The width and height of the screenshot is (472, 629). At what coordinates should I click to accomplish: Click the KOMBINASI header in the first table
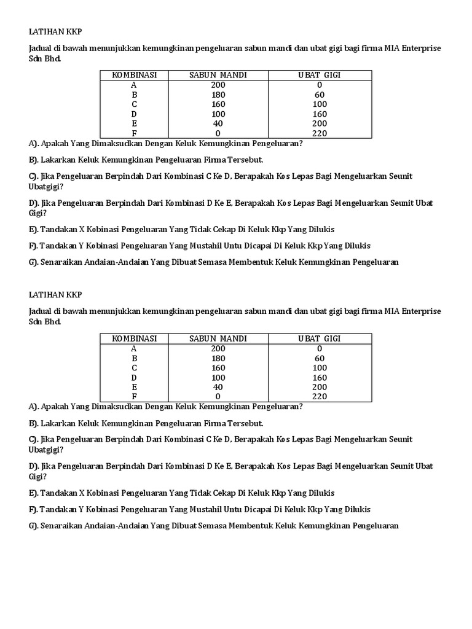point(134,75)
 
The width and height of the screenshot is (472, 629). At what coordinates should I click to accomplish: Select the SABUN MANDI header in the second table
point(218,338)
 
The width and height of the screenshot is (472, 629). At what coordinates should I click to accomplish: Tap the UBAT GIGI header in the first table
point(320,75)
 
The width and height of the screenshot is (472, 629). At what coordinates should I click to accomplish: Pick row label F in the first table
point(134,133)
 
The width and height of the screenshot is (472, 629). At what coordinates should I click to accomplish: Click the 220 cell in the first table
point(320,133)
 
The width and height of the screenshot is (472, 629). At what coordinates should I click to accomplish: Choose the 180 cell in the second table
point(218,358)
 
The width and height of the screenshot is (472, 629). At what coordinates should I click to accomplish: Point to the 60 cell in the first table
point(320,95)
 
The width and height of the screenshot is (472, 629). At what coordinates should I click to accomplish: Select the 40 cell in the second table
point(218,387)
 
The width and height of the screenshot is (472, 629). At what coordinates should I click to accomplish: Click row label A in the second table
point(134,348)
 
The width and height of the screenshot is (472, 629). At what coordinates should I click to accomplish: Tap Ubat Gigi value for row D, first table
point(320,114)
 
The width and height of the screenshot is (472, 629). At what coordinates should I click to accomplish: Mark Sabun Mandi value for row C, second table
point(218,368)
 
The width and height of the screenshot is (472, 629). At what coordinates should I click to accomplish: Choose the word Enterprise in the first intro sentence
point(422,48)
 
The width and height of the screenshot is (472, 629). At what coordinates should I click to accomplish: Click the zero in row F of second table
point(218,397)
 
